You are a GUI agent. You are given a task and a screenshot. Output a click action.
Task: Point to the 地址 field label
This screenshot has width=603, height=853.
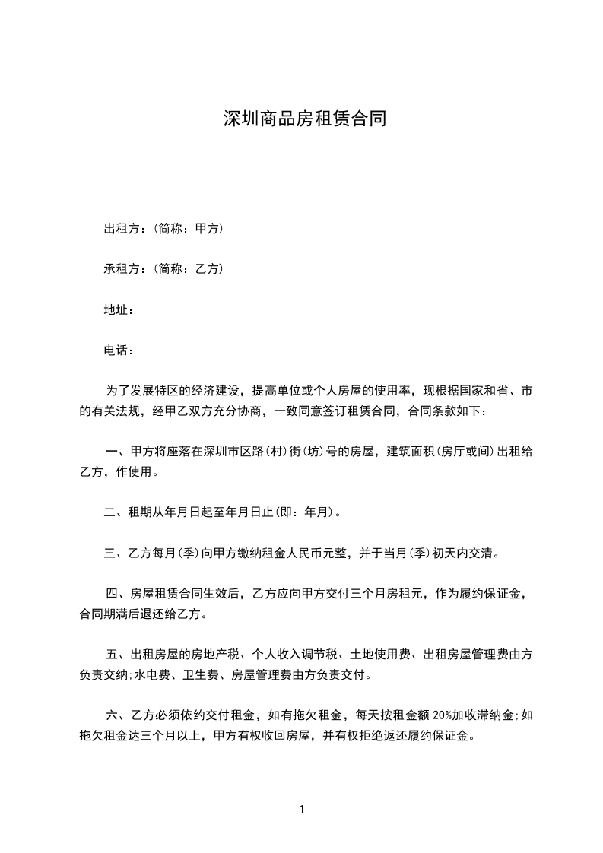point(117,310)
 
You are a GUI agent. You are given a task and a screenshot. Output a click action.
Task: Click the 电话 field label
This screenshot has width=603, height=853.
point(117,350)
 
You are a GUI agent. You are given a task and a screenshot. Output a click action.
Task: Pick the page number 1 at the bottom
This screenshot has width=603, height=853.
point(302,810)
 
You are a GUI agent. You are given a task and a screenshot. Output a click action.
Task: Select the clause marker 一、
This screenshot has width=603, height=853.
point(118,452)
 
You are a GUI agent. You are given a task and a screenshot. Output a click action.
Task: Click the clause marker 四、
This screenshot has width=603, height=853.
point(118,594)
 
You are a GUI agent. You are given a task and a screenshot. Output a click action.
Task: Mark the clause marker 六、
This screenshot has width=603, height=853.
point(118,715)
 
